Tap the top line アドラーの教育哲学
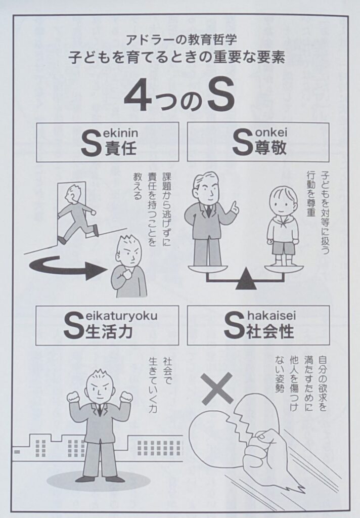(182, 40)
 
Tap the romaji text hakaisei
(271, 316)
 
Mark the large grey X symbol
(217, 388)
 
